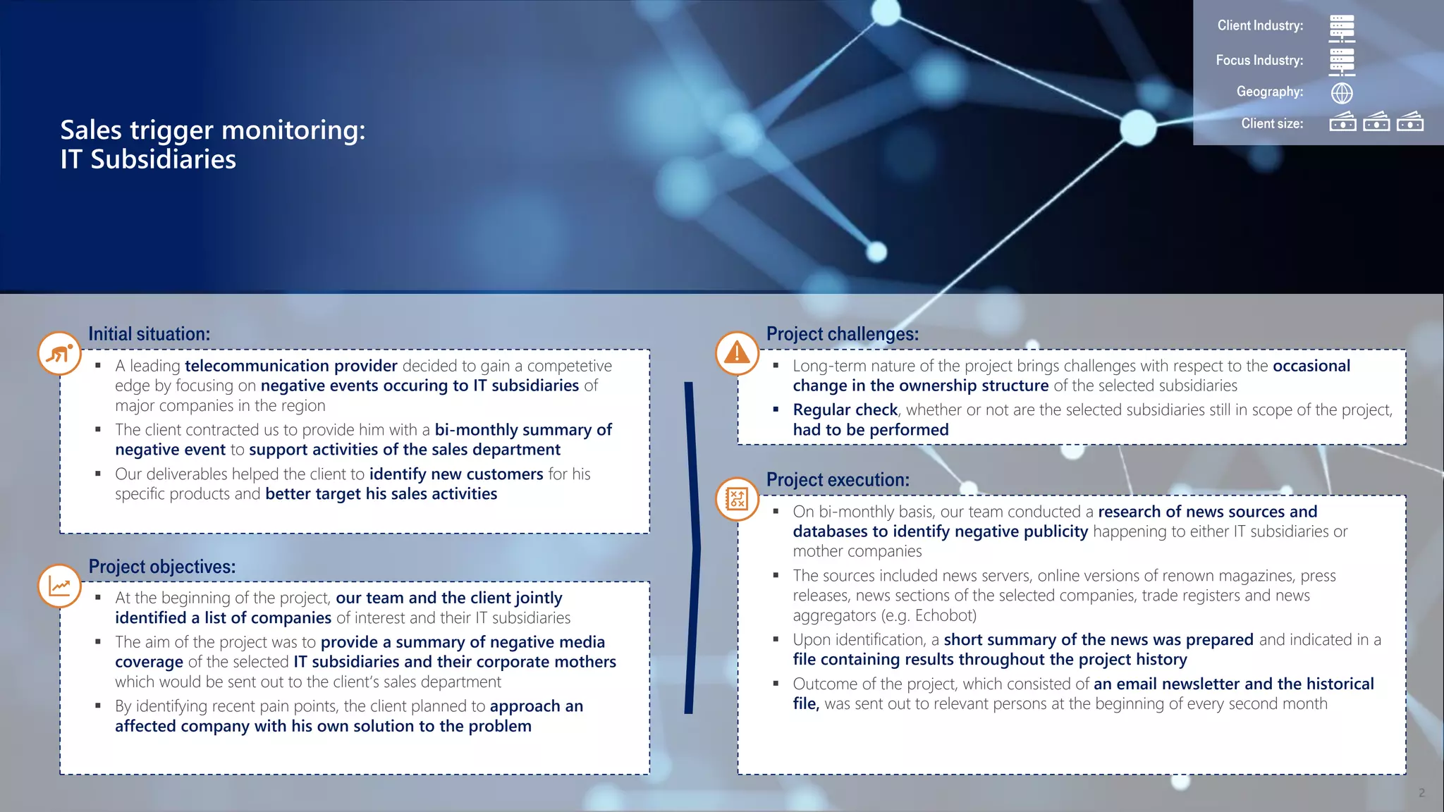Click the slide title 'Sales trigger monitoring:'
tap(212, 130)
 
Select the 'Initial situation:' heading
tap(149, 334)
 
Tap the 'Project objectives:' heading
tap(161, 567)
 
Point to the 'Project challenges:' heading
tap(842, 334)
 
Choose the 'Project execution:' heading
tap(838, 480)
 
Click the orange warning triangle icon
tap(737, 352)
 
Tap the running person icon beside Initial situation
tap(60, 353)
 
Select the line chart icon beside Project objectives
tap(60, 586)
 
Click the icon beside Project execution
tap(737, 499)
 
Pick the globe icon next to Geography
tap(1342, 93)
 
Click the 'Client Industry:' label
tap(1260, 26)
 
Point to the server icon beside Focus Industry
tap(1342, 61)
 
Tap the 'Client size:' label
tap(1272, 124)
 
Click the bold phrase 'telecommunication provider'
tap(290, 366)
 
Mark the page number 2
tap(1421, 793)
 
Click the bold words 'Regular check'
tap(845, 410)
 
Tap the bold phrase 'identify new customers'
tap(455, 474)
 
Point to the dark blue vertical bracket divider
tap(691, 548)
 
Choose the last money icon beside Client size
tap(1409, 123)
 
